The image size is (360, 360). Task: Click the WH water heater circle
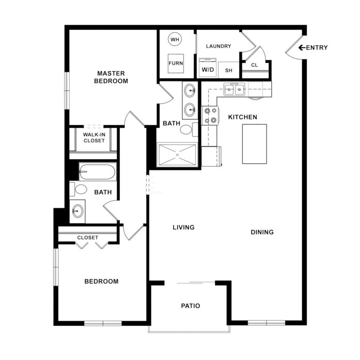175,39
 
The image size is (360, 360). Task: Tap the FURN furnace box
176,64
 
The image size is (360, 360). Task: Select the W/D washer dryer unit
208,68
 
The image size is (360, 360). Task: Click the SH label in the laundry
229,70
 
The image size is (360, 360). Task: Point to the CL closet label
255,65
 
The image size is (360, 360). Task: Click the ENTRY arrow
302,48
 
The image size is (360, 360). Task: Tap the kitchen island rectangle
255,144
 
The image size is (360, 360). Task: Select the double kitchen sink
234,89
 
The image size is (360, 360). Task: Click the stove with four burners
210,116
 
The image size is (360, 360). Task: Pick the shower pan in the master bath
177,154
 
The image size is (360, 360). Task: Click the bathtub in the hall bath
98,171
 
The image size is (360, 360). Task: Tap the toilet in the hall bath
79,190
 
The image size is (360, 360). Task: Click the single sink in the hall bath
77,211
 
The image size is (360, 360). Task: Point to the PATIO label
191,306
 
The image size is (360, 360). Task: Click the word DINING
262,232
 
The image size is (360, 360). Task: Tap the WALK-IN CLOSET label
94,137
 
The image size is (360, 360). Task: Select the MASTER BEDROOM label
111,77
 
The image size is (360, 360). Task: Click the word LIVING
184,227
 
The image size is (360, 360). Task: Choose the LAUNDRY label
218,46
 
